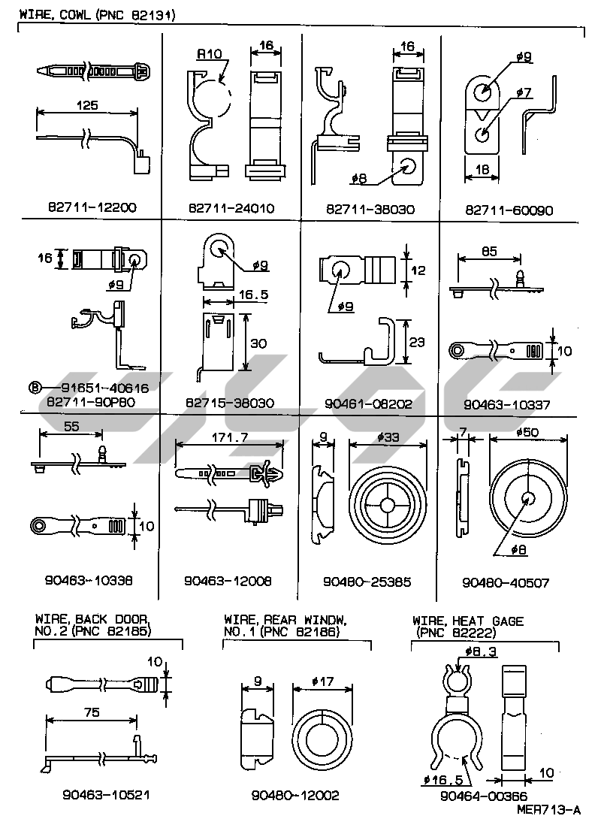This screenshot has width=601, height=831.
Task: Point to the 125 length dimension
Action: tap(88, 106)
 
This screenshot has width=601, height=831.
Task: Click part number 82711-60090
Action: tap(508, 211)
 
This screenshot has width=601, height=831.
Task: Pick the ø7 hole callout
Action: tap(524, 92)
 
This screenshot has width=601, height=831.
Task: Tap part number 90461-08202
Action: tap(368, 403)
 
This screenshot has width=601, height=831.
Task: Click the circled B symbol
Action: tap(33, 388)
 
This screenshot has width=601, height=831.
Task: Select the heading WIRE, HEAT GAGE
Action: tap(468, 621)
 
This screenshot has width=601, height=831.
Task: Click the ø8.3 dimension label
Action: tap(482, 651)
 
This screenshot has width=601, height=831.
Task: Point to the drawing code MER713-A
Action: tap(548, 810)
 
